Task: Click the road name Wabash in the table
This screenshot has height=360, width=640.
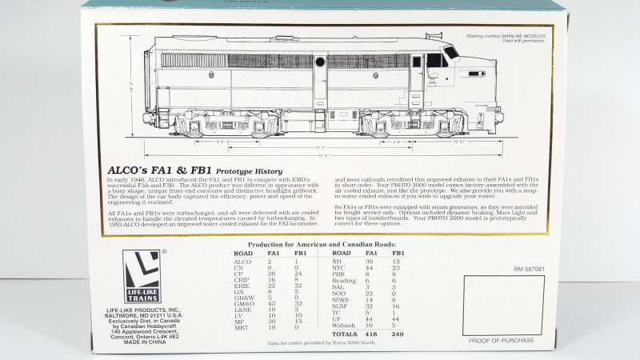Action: click(x=344, y=326)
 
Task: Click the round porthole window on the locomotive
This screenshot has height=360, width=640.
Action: click(x=320, y=62)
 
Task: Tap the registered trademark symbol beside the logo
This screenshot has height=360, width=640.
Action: click(x=166, y=251)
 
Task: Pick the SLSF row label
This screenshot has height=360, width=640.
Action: click(x=339, y=306)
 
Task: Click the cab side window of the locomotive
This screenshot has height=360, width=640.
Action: click(x=435, y=60)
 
